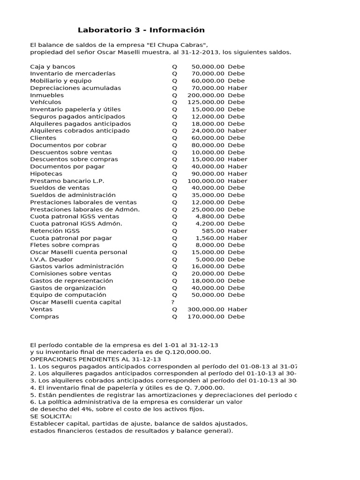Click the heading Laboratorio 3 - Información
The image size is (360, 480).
click(x=141, y=30)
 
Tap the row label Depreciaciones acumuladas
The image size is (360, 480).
click(x=75, y=88)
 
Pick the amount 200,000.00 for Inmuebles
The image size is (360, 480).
click(x=206, y=95)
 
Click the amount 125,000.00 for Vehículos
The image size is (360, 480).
click(x=206, y=102)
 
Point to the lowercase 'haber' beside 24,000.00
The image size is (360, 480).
click(x=237, y=131)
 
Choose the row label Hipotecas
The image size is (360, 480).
click(x=46, y=174)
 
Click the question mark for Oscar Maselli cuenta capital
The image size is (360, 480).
click(x=173, y=302)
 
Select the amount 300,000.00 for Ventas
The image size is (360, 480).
click(x=206, y=309)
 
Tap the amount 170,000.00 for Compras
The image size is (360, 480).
click(x=206, y=316)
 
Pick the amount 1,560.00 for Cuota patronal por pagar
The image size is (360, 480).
click(x=210, y=238)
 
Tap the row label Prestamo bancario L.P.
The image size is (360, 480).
click(x=67, y=181)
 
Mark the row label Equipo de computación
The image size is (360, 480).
click(x=68, y=295)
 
